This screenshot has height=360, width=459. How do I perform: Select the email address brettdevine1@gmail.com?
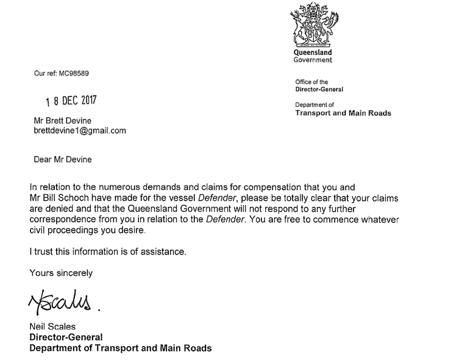click(x=79, y=130)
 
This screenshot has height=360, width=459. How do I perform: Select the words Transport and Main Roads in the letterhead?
click(x=343, y=113)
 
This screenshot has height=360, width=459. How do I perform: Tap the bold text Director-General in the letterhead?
click(x=319, y=89)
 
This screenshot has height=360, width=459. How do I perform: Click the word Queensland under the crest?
click(x=313, y=53)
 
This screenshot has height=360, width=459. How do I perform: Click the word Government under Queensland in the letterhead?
click(x=313, y=60)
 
